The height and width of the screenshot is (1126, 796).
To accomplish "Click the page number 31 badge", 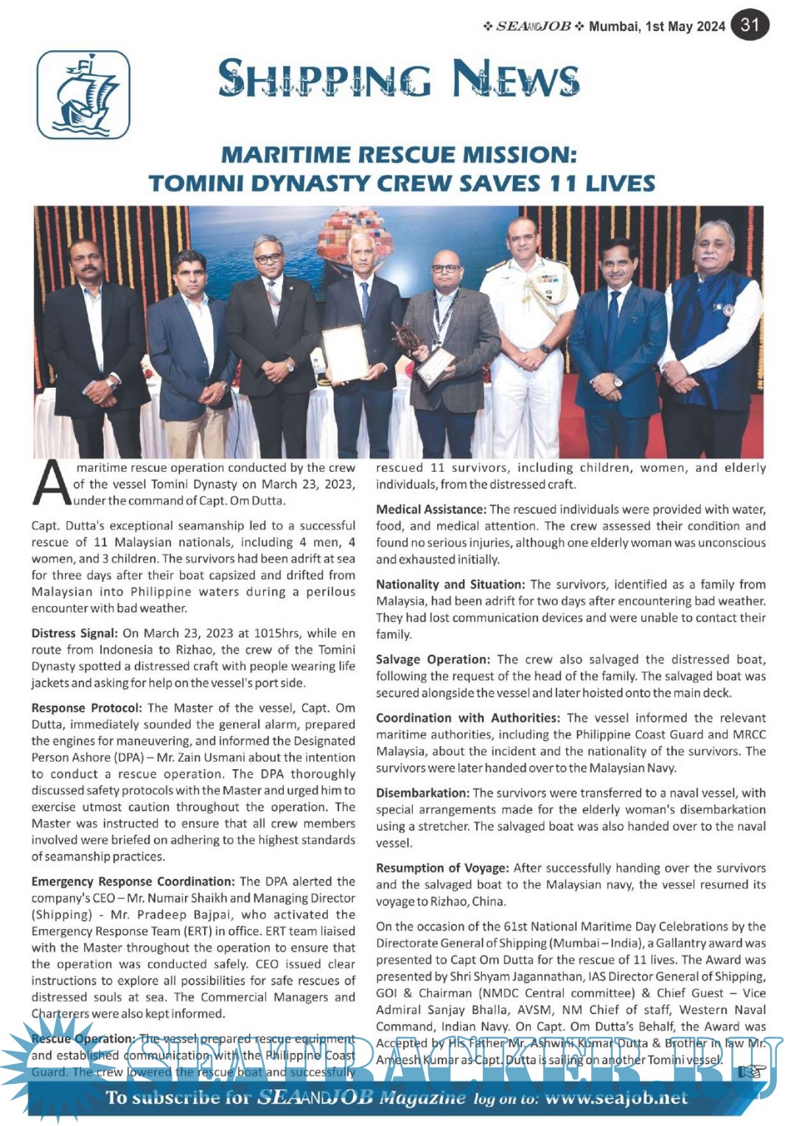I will (750, 25).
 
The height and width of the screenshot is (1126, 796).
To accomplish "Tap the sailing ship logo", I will (83, 95).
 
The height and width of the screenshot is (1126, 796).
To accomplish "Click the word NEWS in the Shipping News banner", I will (516, 78).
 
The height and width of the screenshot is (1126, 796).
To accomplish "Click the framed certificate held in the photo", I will (345, 353).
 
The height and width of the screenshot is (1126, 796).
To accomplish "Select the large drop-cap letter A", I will (52, 484).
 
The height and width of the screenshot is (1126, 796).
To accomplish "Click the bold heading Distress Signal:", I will (74, 633).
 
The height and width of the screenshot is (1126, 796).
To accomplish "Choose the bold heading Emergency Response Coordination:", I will (133, 881).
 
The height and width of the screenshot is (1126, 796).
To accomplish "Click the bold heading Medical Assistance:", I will (430, 510).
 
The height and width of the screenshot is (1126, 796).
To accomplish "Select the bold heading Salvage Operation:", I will (433, 659).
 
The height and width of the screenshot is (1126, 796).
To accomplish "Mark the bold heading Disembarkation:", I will (422, 793).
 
